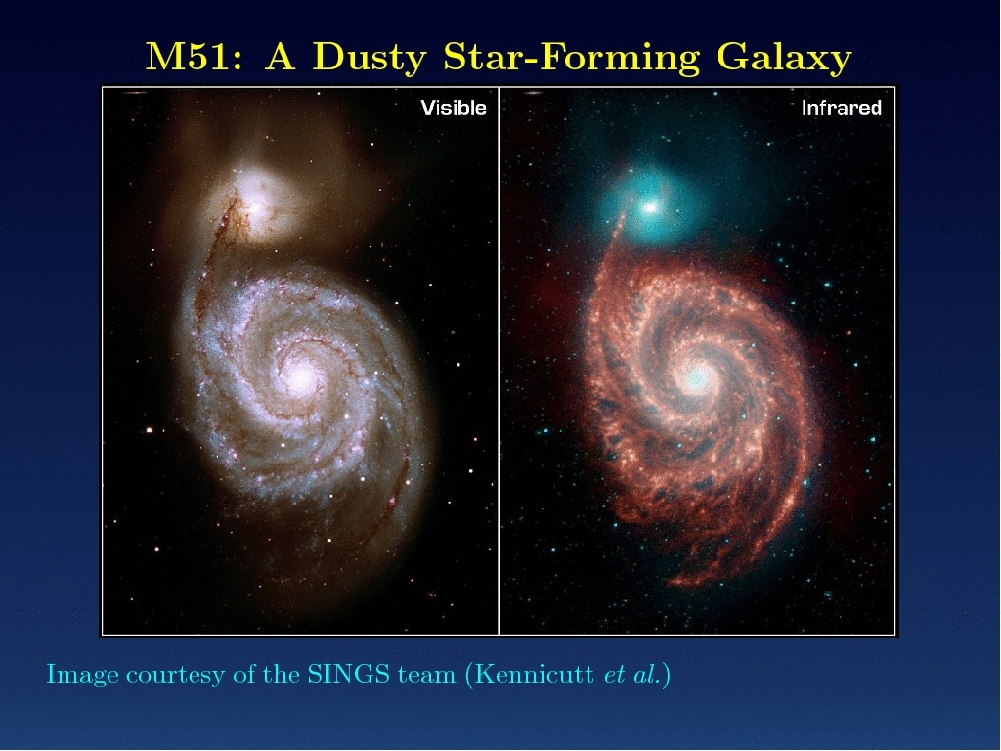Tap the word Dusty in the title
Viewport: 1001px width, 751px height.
(370, 59)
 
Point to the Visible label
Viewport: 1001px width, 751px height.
(454, 108)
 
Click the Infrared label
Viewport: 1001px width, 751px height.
(842, 108)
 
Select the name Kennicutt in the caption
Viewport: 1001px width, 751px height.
(535, 675)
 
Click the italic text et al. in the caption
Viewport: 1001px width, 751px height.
(632, 675)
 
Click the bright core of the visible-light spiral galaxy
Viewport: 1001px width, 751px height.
(301, 379)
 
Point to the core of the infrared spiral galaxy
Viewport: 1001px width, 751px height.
(696, 378)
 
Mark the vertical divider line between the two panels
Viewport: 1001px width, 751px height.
(498, 361)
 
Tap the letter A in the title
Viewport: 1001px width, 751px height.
(281, 57)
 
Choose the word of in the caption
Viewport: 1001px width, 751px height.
(243, 675)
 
